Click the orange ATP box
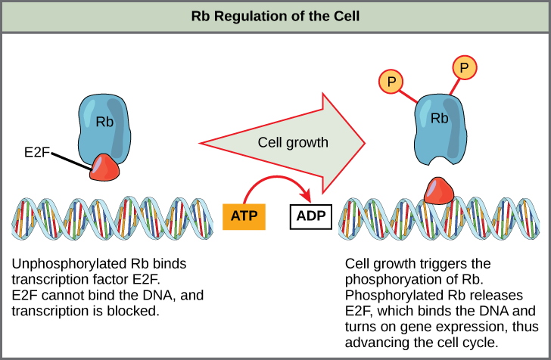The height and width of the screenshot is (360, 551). [x=244, y=216]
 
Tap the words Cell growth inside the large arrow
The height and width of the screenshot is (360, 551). [x=292, y=142]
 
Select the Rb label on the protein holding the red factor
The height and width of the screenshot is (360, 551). [x=104, y=121]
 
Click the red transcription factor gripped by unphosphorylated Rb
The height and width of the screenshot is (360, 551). [x=104, y=167]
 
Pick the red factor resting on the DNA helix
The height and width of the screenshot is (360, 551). [x=438, y=191]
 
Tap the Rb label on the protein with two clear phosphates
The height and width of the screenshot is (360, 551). [x=439, y=118]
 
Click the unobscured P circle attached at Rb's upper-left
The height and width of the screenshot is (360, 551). [x=391, y=81]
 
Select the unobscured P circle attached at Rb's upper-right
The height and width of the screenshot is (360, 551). [x=464, y=68]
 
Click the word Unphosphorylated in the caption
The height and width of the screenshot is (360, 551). [x=62, y=264]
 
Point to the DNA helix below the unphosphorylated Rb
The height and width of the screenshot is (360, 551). [x=112, y=218]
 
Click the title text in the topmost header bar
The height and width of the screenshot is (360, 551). [x=275, y=16]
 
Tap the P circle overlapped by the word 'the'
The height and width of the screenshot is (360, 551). [x=465, y=306]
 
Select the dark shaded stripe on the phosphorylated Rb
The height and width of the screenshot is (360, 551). [x=456, y=129]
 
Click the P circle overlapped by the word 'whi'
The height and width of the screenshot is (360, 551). [x=391, y=319]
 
